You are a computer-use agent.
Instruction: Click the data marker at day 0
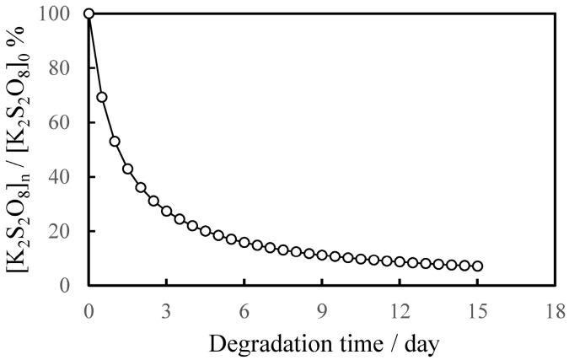pos(89,13)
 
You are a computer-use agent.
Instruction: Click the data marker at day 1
pos(115,142)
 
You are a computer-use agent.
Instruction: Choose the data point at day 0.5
pos(102,97)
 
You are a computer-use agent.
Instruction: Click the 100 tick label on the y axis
pos(59,14)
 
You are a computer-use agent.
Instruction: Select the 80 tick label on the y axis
pos(64,68)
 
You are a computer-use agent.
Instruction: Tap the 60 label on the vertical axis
pos(64,122)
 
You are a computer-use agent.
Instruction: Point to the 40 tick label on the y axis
pos(64,177)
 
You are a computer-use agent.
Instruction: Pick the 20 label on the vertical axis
pos(64,231)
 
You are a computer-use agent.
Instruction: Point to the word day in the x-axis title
pos(416,343)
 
